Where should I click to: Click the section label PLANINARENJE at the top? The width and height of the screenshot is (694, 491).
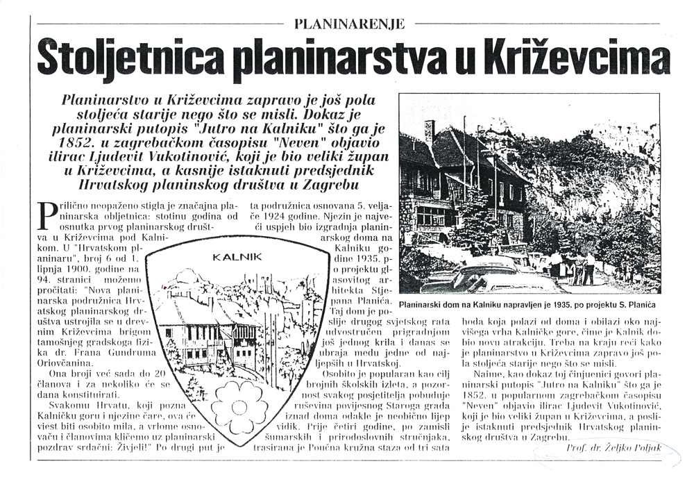click(349, 24)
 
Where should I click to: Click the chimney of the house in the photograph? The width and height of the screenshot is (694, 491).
click(430, 131)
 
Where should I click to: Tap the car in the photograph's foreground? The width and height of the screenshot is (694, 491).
click(486, 278)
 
